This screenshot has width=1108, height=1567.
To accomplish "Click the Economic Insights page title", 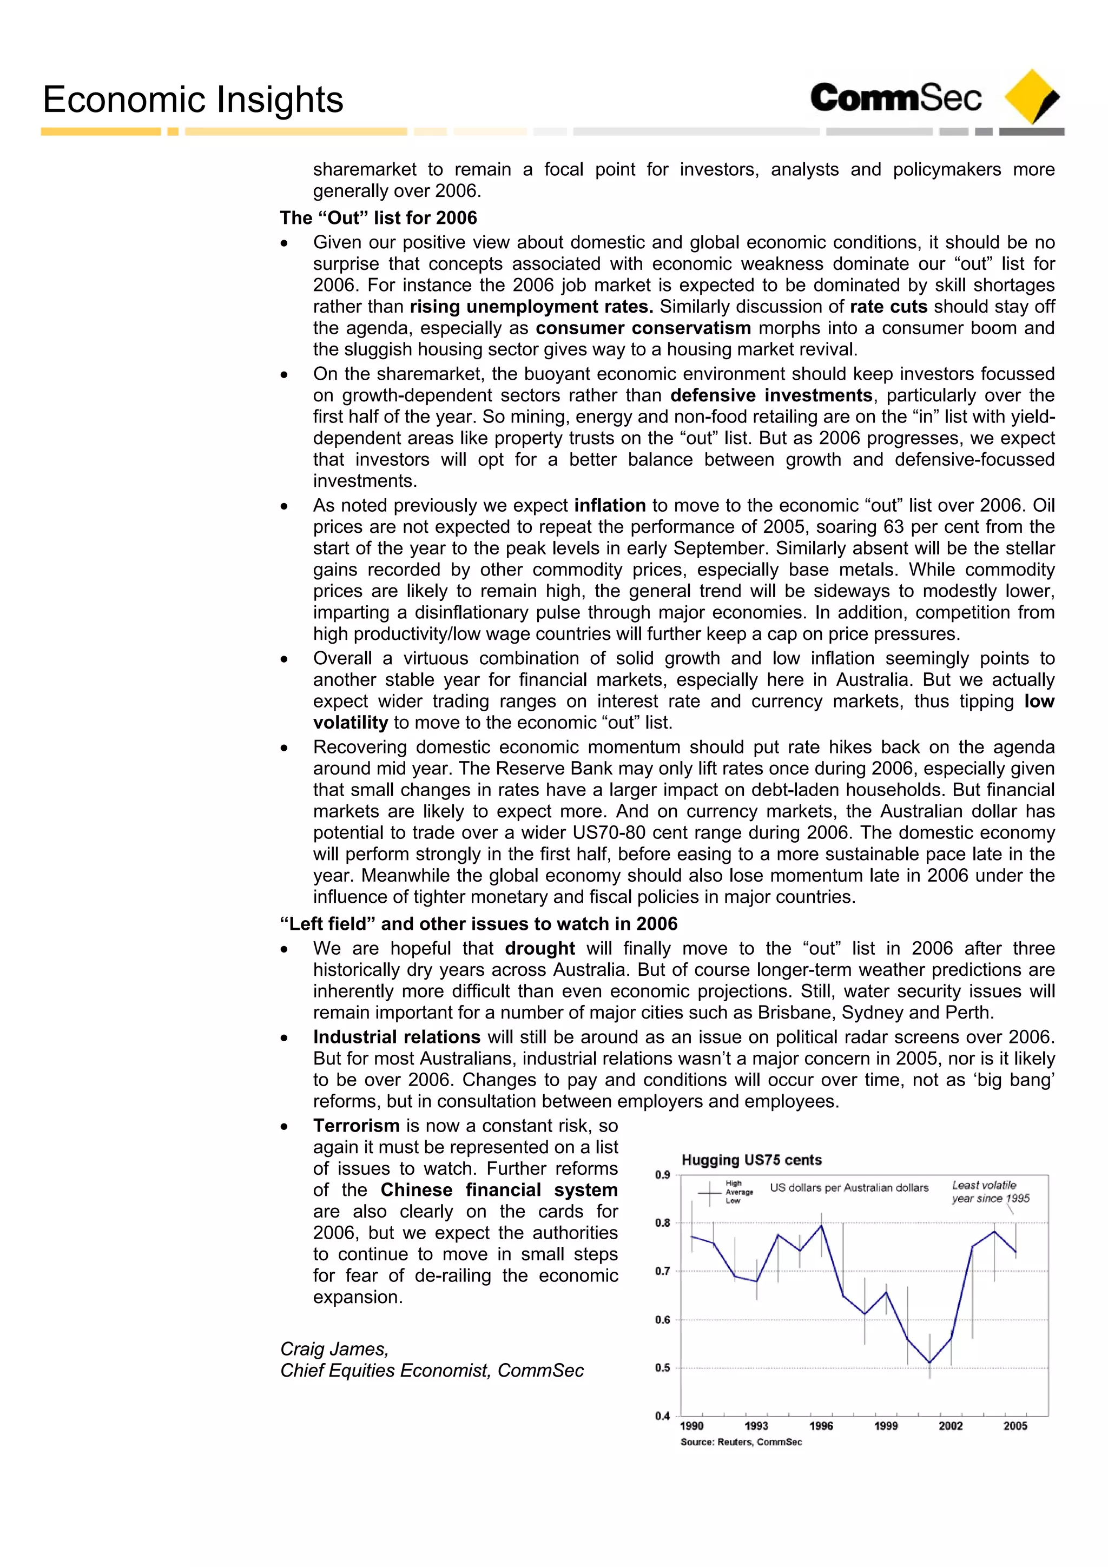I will pos(193,100).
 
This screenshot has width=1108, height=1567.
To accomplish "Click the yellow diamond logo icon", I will pos(1032,96).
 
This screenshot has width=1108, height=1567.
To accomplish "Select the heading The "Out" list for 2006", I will pos(378,218).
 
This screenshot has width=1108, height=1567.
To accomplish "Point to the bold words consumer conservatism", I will pos(643,328).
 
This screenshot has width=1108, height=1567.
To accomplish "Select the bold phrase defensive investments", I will pos(771,395).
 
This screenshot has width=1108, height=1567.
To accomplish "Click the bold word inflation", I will pos(610,505).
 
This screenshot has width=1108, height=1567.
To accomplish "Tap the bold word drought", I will pos(540,948).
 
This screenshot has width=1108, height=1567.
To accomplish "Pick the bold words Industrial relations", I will pos(397,1037).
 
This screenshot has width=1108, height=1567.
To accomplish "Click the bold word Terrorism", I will pos(357,1126).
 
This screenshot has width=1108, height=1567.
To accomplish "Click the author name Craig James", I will pos(334,1348).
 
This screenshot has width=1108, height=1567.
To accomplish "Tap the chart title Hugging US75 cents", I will pos(751,1160).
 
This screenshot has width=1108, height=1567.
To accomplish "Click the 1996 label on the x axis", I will pos(821,1426).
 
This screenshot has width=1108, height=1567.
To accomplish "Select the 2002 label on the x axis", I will pos(951,1426).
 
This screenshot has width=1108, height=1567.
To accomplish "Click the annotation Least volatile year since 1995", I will pos(990,1192).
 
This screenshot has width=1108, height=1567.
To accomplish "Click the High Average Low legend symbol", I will pos(710,1194).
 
